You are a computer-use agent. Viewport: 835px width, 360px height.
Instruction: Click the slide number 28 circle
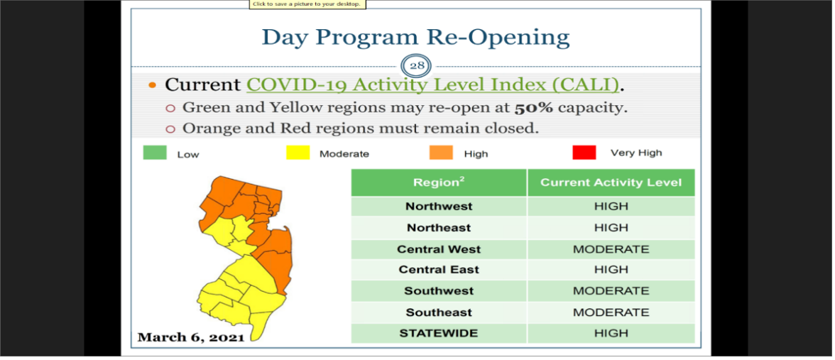pos(416,67)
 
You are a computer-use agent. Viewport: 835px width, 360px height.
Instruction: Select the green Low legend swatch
pos(155,153)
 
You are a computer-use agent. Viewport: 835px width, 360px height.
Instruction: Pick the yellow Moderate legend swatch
pos(298,153)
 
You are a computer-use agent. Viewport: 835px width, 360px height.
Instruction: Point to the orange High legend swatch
pos(441,153)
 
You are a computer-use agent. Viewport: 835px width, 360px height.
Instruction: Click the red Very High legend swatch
pos(584,153)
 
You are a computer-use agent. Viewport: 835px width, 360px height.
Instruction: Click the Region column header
pos(439,182)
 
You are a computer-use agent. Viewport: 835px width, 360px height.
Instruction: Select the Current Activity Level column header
pos(611,182)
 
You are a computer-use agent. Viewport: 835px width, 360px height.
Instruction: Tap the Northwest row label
pos(439,206)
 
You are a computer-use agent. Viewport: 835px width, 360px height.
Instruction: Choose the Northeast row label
pos(439,227)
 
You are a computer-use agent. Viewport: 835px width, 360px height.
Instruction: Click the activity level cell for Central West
pos(611,249)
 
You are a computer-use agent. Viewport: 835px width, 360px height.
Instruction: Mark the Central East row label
pos(439,270)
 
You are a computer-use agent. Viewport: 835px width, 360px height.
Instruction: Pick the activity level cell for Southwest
pos(611,291)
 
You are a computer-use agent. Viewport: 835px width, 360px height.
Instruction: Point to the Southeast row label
pos(439,312)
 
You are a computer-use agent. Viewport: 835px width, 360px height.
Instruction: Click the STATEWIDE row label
pos(439,334)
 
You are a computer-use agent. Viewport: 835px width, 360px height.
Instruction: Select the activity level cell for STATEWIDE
pos(611,334)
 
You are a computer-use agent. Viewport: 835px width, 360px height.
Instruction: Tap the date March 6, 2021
pos(190,337)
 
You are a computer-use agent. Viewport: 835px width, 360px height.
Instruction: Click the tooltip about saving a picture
pos(307,4)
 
